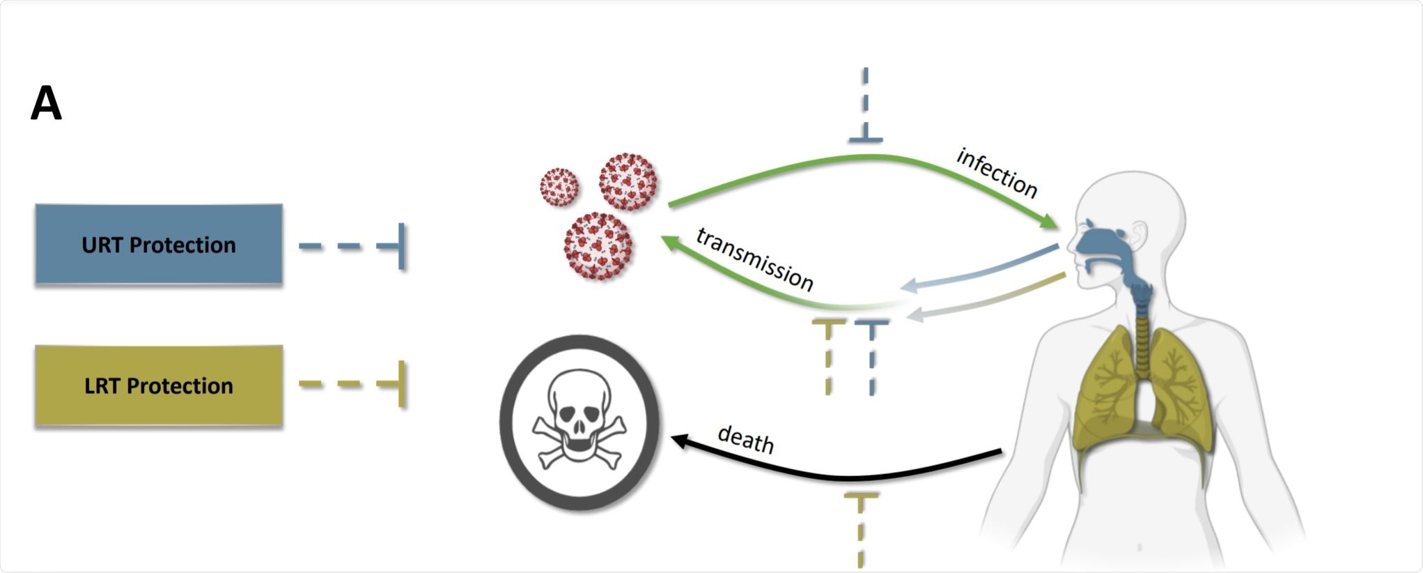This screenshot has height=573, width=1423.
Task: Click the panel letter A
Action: point(47,104)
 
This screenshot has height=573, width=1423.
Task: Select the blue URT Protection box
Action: point(159,244)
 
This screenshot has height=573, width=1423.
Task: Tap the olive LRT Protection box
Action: point(159,385)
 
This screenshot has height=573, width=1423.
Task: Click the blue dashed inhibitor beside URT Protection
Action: point(352,246)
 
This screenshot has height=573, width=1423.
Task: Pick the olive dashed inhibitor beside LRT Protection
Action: point(352,384)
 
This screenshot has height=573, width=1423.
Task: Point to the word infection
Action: point(997,172)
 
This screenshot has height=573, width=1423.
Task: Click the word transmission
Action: point(755,259)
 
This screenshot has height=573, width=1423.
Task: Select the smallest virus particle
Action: point(559,187)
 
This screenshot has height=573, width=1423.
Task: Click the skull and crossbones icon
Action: point(579,423)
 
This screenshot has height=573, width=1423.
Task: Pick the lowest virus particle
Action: point(598,246)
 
